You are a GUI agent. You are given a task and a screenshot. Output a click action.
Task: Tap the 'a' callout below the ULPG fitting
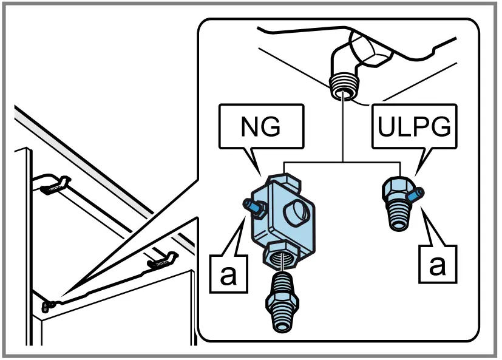[436, 265]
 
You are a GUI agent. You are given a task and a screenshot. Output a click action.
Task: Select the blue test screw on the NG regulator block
[251, 205]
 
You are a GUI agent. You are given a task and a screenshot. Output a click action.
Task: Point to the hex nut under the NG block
[280, 254]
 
